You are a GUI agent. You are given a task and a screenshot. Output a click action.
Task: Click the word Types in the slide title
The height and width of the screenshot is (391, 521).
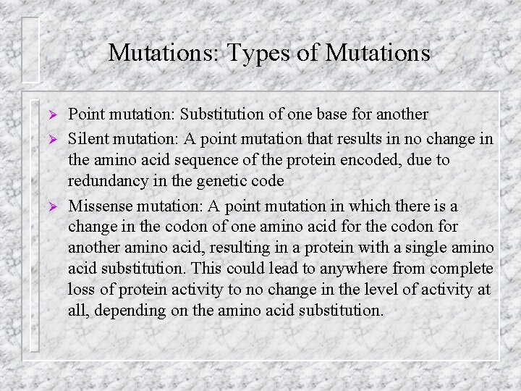tap(257, 53)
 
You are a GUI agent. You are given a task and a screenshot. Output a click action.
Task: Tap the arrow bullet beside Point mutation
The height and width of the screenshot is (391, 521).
tap(51, 115)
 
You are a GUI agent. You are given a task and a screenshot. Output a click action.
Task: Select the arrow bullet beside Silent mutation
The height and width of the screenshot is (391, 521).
tap(51, 138)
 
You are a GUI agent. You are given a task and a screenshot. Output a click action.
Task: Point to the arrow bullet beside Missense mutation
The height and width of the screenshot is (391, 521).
tap(51, 207)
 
